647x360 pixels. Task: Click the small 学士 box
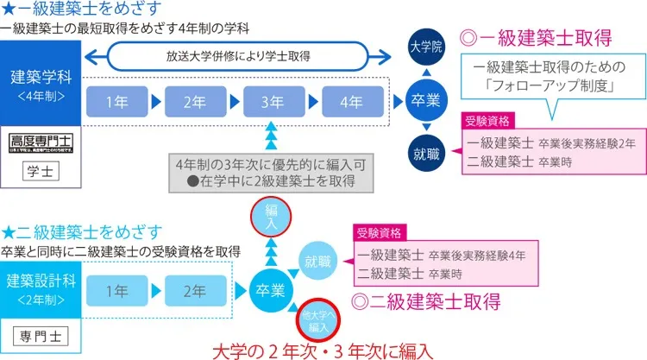coord(42,172)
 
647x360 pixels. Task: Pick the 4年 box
coord(350,102)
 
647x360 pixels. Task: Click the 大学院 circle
coord(426,48)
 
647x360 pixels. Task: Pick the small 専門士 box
coord(42,334)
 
